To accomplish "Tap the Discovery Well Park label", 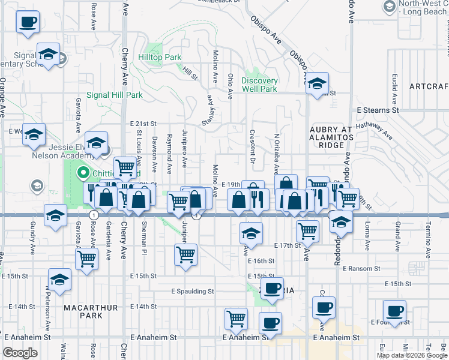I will (x=259, y=85).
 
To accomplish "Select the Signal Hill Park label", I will (x=115, y=95).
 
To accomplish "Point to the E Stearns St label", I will (x=378, y=110).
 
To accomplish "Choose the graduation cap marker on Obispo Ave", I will (x=317, y=83).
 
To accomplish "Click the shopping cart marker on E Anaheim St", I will (x=236, y=318).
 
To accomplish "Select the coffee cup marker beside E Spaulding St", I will (x=273, y=289).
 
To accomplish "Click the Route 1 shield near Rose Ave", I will (x=94, y=214).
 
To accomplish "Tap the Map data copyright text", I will (x=411, y=355).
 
